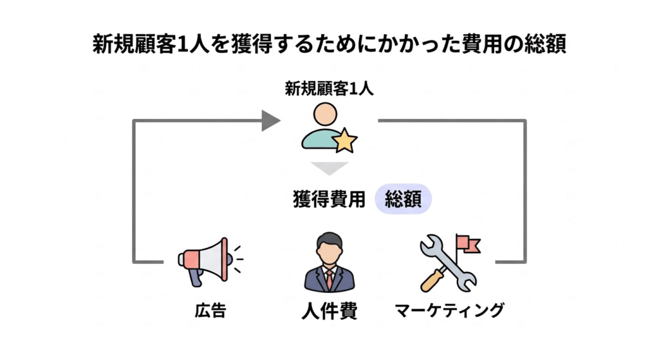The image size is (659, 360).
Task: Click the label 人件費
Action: point(329,312)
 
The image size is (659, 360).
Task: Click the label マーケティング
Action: point(449,312)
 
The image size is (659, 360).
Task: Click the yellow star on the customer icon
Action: point(344,140)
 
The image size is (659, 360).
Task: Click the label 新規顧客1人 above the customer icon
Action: point(329,88)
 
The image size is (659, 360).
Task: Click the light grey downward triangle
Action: point(329,169)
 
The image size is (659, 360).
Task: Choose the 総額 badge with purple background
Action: point(403,200)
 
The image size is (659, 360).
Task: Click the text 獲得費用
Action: point(329,200)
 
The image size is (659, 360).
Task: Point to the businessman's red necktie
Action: point(329,278)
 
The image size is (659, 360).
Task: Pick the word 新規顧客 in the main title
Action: point(131,45)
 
